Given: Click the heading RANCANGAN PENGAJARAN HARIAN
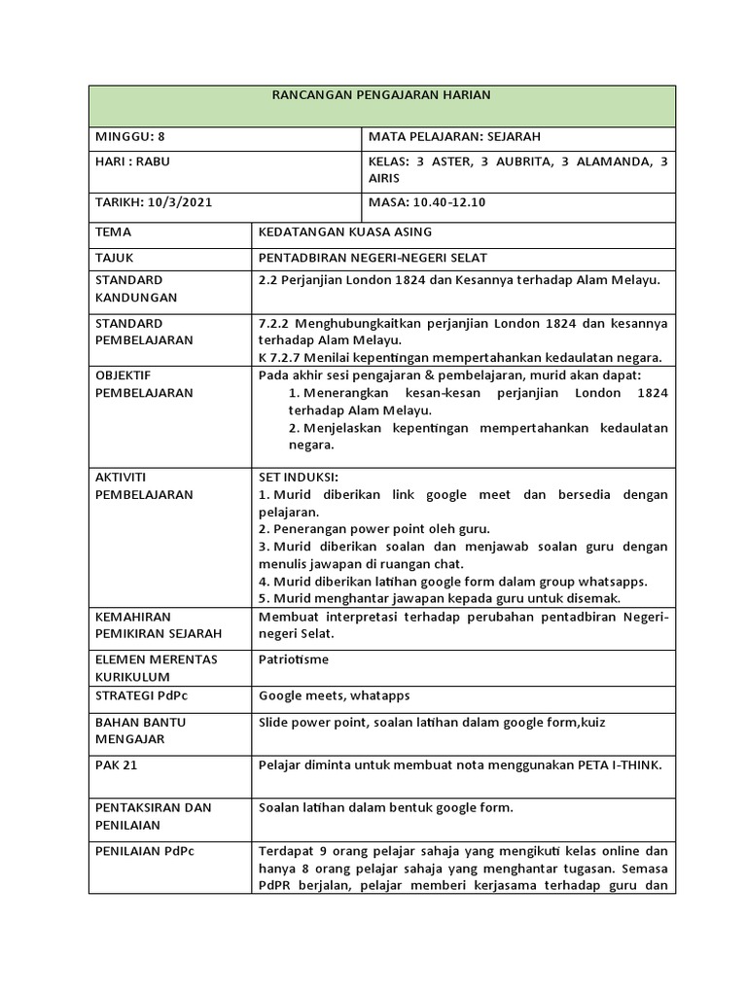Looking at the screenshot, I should pyautogui.click(x=380, y=94).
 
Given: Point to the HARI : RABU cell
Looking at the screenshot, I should pyautogui.click(x=132, y=161).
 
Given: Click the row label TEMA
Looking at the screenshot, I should pyautogui.click(x=113, y=232).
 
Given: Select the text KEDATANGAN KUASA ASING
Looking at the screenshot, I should pyautogui.click(x=344, y=232).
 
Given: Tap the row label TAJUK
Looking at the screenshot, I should pyautogui.click(x=115, y=258).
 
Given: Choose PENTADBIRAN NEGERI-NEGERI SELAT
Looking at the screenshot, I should pyautogui.click(x=373, y=258).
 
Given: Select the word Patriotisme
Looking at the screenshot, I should pyautogui.click(x=294, y=659).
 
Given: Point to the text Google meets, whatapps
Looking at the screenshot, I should pyautogui.click(x=334, y=695).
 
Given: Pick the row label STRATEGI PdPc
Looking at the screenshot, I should pyautogui.click(x=141, y=695).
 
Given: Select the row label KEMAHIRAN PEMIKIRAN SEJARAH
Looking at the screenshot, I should pyautogui.click(x=158, y=625).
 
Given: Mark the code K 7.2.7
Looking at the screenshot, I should pyautogui.click(x=278, y=356).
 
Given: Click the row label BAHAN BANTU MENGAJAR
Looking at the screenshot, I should pyautogui.click(x=140, y=730).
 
